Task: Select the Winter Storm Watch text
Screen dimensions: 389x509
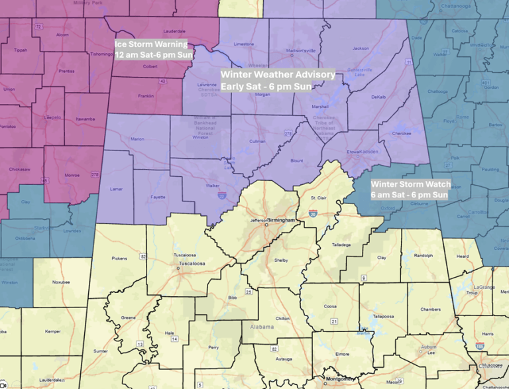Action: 410,184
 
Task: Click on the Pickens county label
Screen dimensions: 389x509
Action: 120,258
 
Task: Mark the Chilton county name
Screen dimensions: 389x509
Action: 282,318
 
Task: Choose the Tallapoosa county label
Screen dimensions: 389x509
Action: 383,316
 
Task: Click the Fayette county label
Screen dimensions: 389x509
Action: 157,196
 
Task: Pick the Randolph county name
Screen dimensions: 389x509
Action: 423,255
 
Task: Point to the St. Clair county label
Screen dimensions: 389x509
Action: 319,197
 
